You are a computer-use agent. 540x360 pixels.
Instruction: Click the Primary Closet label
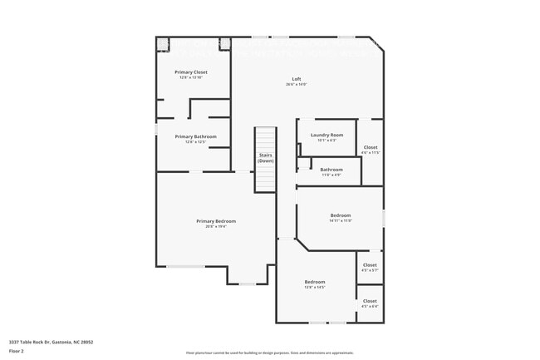pos(190,72)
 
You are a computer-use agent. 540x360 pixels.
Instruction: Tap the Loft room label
pos(296,80)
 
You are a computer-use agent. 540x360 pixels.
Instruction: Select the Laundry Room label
pos(326,135)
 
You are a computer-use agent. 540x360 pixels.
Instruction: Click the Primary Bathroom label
pos(195,136)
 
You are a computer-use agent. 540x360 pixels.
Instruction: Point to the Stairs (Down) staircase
pos(265,159)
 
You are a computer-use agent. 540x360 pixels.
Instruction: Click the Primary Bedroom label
pos(216,221)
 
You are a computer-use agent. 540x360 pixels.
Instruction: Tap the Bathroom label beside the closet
pos(331,170)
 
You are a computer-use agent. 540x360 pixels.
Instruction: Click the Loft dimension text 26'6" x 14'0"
pos(296,85)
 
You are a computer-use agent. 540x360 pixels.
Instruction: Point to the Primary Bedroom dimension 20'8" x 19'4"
pos(216,226)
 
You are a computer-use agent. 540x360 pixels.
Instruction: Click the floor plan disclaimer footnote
pos(269,353)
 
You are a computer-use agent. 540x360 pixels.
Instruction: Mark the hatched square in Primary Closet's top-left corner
pos(163,43)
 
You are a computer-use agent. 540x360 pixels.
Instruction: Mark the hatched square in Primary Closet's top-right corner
pos(224,43)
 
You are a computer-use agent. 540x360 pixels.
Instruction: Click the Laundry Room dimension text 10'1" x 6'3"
pos(326,140)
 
